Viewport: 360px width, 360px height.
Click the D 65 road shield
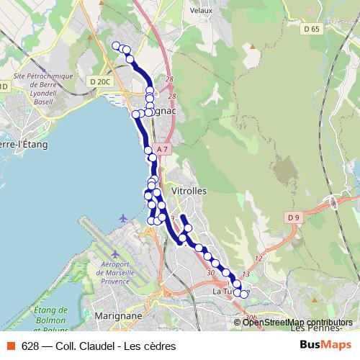[x=311, y=29]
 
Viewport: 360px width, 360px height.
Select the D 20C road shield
[x=100, y=81]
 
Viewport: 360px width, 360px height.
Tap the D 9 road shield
[x=292, y=217]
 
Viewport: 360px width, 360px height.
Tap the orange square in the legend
[x=11, y=346]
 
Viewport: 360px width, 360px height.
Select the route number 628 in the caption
[x=30, y=346]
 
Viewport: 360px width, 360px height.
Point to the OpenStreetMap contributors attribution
[x=297, y=323]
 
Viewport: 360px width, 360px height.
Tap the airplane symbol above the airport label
[x=123, y=218]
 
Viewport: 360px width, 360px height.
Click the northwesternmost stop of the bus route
[x=117, y=46]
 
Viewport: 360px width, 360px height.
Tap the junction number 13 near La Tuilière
[x=246, y=274]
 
